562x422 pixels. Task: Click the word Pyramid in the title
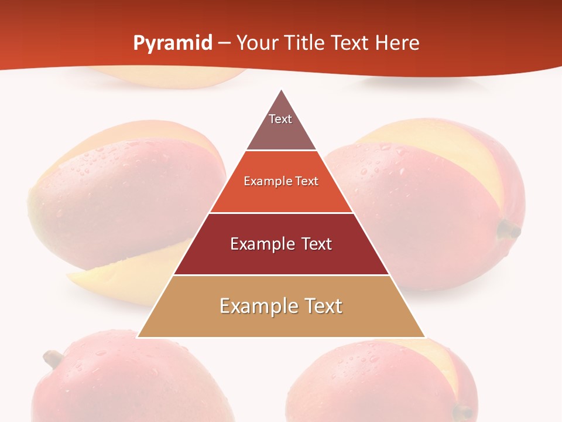[172, 43]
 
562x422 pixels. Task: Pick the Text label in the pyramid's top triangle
[280, 119]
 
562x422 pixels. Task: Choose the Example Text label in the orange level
[281, 181]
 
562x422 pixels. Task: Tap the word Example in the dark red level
[258, 244]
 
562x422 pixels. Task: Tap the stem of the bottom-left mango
[54, 357]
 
